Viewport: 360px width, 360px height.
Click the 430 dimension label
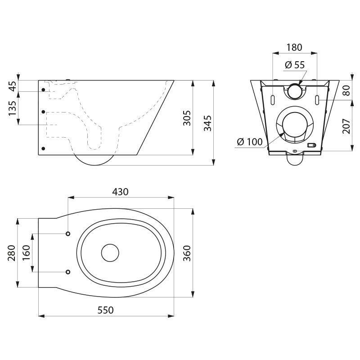point(121,191)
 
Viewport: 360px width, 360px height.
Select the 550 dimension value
point(106,310)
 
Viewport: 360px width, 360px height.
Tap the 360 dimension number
point(188,253)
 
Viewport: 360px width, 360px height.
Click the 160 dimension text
point(26,253)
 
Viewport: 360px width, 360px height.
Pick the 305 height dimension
point(188,118)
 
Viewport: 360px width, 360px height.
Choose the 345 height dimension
point(207,122)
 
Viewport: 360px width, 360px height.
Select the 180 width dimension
point(295,47)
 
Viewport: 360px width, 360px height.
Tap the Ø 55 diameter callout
point(295,65)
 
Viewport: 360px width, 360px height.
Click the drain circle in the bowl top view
point(109,253)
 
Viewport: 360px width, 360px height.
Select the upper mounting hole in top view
point(68,234)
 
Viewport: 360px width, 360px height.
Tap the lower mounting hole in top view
point(68,272)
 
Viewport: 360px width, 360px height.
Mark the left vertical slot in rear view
point(273,98)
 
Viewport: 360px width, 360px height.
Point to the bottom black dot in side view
point(43,148)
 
